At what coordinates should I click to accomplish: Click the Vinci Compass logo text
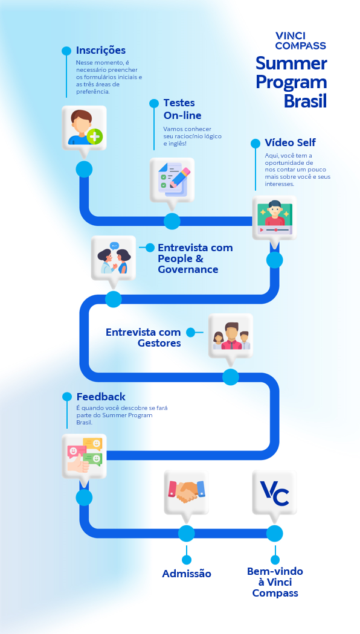301,41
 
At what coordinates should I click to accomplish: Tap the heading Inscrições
101,51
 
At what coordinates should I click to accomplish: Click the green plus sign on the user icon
95,136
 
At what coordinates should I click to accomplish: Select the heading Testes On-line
182,109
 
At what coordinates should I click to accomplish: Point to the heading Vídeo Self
291,142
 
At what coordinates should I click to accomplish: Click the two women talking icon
114,258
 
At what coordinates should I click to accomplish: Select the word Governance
188,269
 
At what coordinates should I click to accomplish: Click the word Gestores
159,344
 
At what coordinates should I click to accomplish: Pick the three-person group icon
231,336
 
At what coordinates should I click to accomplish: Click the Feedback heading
101,397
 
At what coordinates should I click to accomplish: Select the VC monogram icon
275,493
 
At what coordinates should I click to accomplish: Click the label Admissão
187,574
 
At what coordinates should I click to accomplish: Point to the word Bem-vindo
275,571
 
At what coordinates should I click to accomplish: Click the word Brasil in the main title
305,101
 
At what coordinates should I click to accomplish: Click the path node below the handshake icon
187,534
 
